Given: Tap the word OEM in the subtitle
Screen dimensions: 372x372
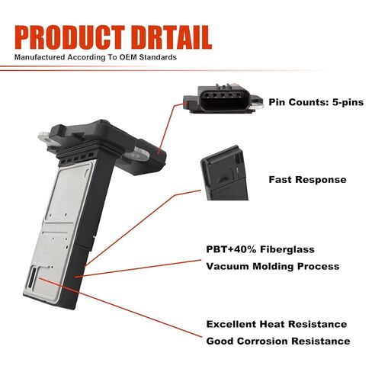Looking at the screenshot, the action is (x=128, y=57).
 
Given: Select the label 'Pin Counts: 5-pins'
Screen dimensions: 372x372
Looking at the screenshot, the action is (x=316, y=102).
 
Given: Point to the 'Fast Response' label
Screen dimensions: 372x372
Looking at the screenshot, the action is (x=307, y=180).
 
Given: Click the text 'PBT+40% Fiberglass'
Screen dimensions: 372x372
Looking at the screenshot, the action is (x=260, y=249).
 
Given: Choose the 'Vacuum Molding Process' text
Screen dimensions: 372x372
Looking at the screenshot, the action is (x=273, y=266).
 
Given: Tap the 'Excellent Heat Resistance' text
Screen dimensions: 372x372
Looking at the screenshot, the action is (x=277, y=324).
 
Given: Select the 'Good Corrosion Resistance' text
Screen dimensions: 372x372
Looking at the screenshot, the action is (x=278, y=341).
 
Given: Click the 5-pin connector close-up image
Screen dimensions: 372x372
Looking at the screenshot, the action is (x=223, y=98).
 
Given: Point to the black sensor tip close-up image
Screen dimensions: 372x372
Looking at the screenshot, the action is (x=224, y=173).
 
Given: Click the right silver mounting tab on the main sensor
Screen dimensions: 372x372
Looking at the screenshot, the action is (x=138, y=154).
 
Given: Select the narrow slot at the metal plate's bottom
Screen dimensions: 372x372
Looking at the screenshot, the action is (x=32, y=277).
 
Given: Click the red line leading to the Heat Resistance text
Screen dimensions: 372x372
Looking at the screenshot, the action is (x=120, y=307).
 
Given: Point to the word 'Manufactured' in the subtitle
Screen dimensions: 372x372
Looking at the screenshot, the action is (x=40, y=57).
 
